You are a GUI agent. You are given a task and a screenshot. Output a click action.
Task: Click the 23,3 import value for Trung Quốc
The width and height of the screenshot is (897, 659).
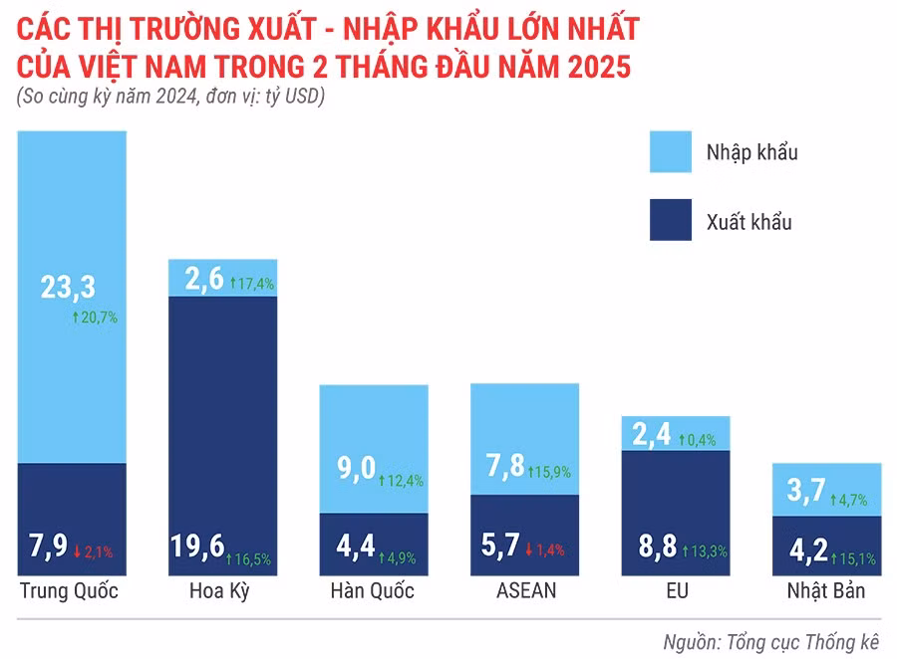[68, 288]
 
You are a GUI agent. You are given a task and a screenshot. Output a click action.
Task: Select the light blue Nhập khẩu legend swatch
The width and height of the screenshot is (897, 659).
[683, 152]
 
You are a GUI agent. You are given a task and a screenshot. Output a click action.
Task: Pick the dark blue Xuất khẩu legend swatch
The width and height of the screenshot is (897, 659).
[683, 220]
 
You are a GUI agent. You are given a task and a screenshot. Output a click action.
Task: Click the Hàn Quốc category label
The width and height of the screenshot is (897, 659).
[373, 590]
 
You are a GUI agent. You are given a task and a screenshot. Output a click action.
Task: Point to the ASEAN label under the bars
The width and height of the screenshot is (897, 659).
[525, 590]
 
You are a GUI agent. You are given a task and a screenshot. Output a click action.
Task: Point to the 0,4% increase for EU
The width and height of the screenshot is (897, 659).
[698, 439]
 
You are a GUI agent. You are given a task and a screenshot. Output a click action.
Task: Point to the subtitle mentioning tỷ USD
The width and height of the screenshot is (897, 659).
[170, 98]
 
